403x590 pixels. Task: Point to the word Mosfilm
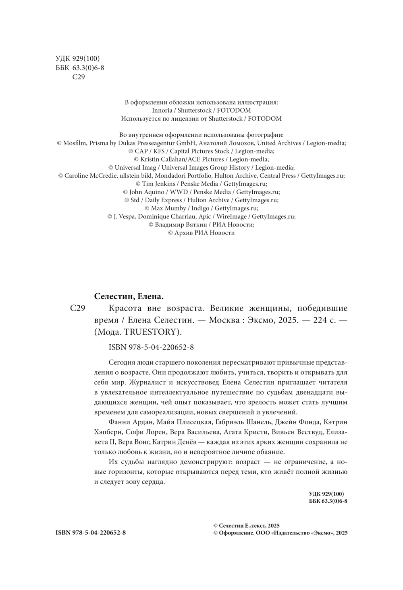(75, 143)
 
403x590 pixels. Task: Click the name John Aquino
(147, 192)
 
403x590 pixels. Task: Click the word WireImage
(231, 216)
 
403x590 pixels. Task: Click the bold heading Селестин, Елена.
(129, 296)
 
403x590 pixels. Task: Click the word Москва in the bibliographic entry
(226, 320)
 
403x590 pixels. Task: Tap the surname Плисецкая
(191, 422)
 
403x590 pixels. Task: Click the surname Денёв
(185, 442)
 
